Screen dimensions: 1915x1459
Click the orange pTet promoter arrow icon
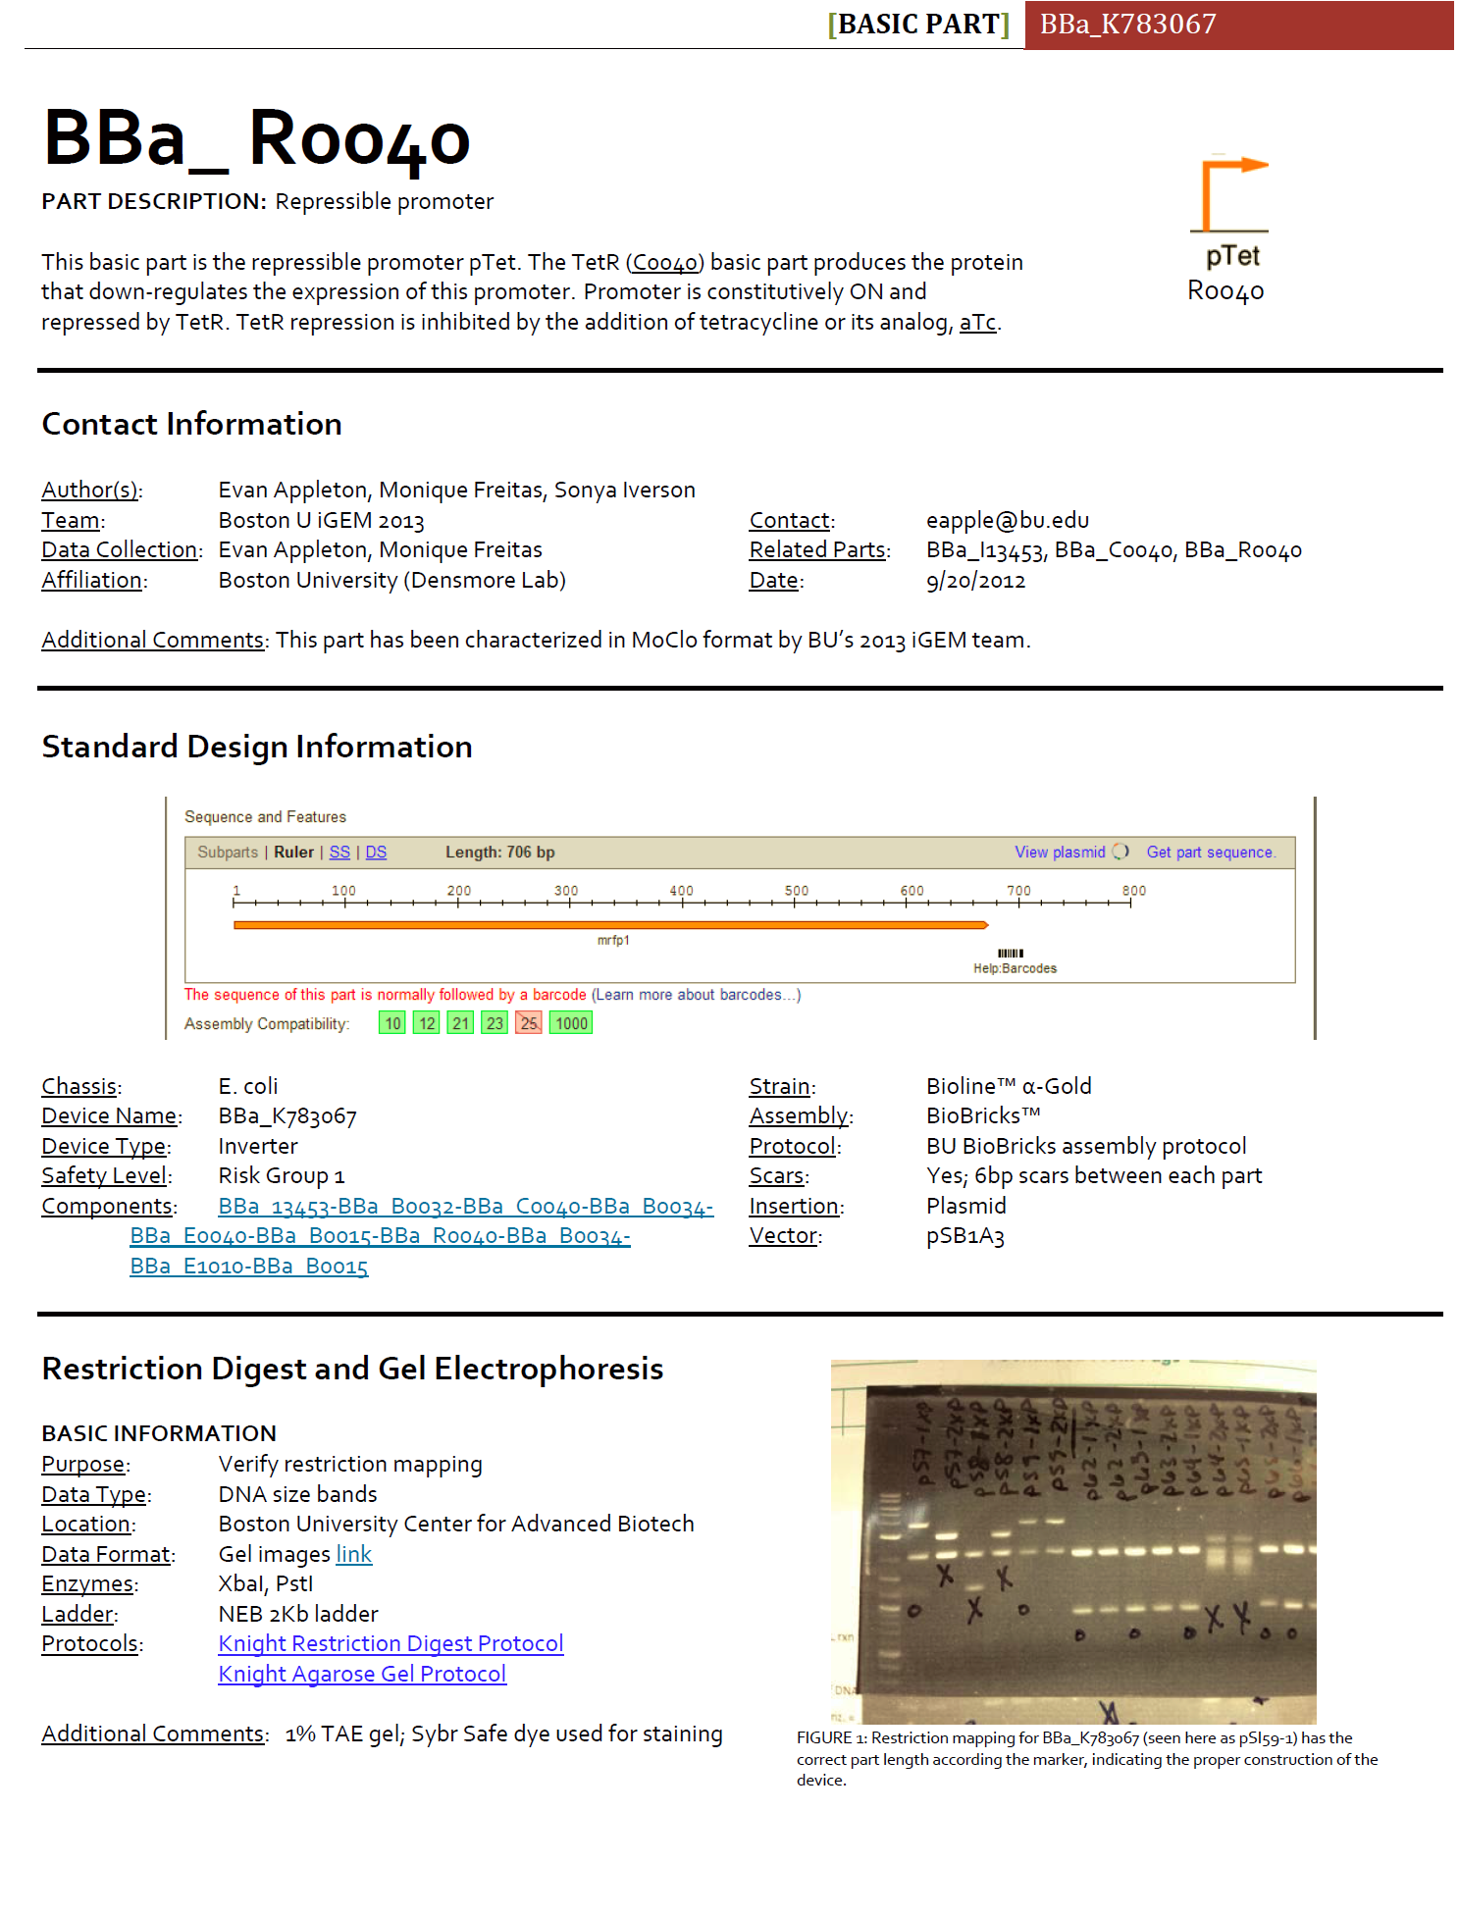pyautogui.click(x=1229, y=193)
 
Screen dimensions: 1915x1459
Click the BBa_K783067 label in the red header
pyautogui.click(x=1127, y=24)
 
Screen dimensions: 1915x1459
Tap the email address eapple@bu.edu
pyautogui.click(x=1007, y=520)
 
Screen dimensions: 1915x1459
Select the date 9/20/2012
pyautogui.click(x=975, y=580)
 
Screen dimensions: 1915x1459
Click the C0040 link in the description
pyautogui.click(x=664, y=262)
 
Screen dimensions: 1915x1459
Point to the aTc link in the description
pyautogui.click(x=977, y=322)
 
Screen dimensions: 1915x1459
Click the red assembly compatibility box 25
pyautogui.click(x=529, y=1023)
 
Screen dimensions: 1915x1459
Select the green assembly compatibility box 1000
pyautogui.click(x=571, y=1023)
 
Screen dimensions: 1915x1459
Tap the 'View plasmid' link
pyautogui.click(x=1060, y=852)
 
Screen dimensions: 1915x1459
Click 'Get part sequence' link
pyautogui.click(x=1211, y=852)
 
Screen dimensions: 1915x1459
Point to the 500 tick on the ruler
pyautogui.click(x=796, y=892)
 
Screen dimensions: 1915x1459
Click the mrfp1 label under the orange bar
pyautogui.click(x=613, y=940)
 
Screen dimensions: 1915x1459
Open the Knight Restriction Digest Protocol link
pyautogui.click(x=391, y=1643)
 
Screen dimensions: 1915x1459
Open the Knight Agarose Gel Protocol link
pyautogui.click(x=362, y=1674)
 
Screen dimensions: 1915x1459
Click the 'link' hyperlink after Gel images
pyautogui.click(x=353, y=1554)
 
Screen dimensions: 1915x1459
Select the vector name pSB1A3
pyautogui.click(x=964, y=1235)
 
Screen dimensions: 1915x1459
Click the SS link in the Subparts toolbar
pyautogui.click(x=339, y=852)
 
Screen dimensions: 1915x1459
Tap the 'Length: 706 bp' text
pyautogui.click(x=499, y=852)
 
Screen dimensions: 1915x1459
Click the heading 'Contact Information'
pyautogui.click(x=191, y=424)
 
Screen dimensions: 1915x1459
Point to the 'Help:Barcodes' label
pyautogui.click(x=1015, y=968)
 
